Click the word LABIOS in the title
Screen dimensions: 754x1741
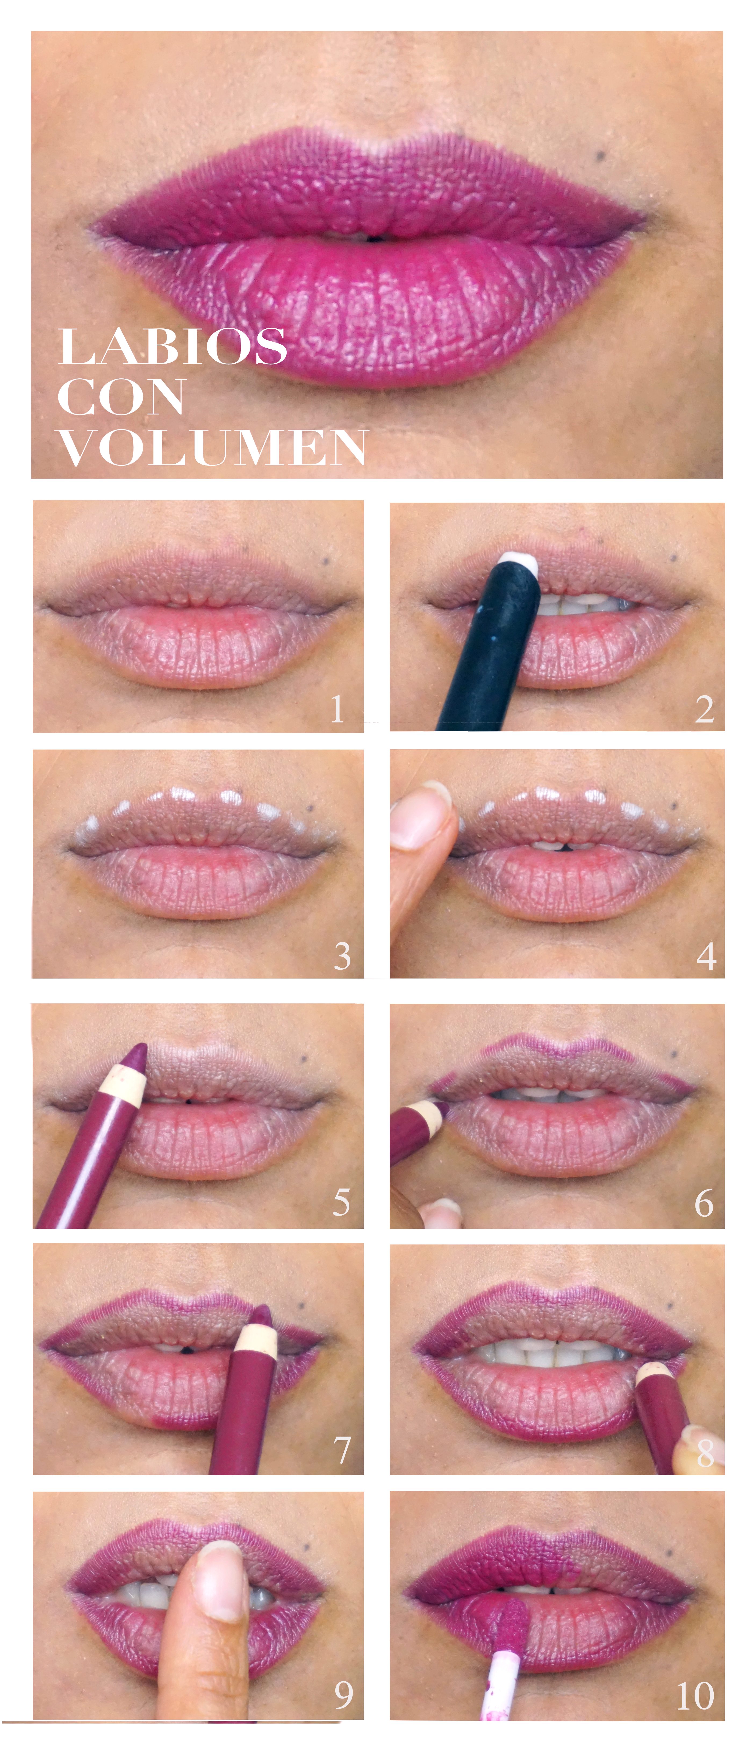coord(172,347)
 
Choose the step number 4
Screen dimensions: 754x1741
coord(706,956)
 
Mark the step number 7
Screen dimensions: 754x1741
coord(343,1450)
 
